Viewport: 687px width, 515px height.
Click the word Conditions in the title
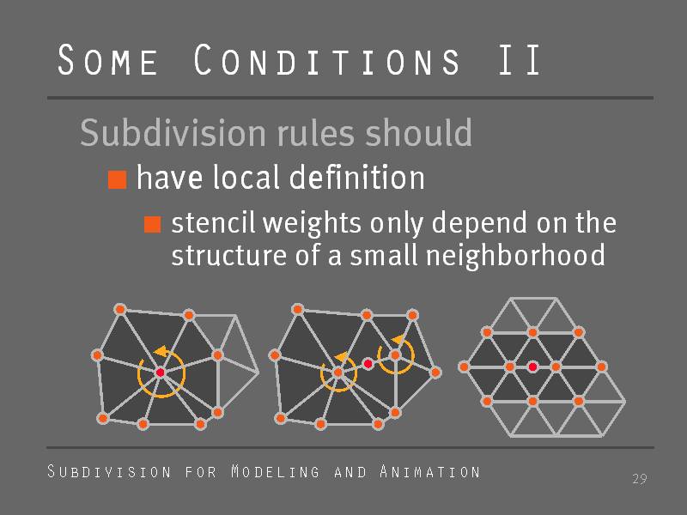[327, 59]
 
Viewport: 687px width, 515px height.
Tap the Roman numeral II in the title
[520, 59]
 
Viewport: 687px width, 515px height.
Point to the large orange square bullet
[118, 179]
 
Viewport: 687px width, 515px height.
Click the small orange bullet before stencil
[153, 224]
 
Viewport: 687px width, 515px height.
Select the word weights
[312, 223]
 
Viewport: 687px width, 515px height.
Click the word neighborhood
[516, 255]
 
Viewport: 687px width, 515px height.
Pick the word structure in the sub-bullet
[228, 255]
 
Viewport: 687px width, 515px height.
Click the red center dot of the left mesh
[161, 373]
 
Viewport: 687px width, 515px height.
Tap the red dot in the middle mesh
[368, 363]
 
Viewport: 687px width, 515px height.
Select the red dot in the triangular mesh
[532, 367]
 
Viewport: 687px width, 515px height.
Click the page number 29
[640, 479]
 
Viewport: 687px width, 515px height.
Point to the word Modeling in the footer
[275, 471]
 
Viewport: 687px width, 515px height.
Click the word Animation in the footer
[430, 471]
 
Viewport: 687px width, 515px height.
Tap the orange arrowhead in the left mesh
[161, 351]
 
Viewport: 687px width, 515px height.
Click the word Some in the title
[108, 59]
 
